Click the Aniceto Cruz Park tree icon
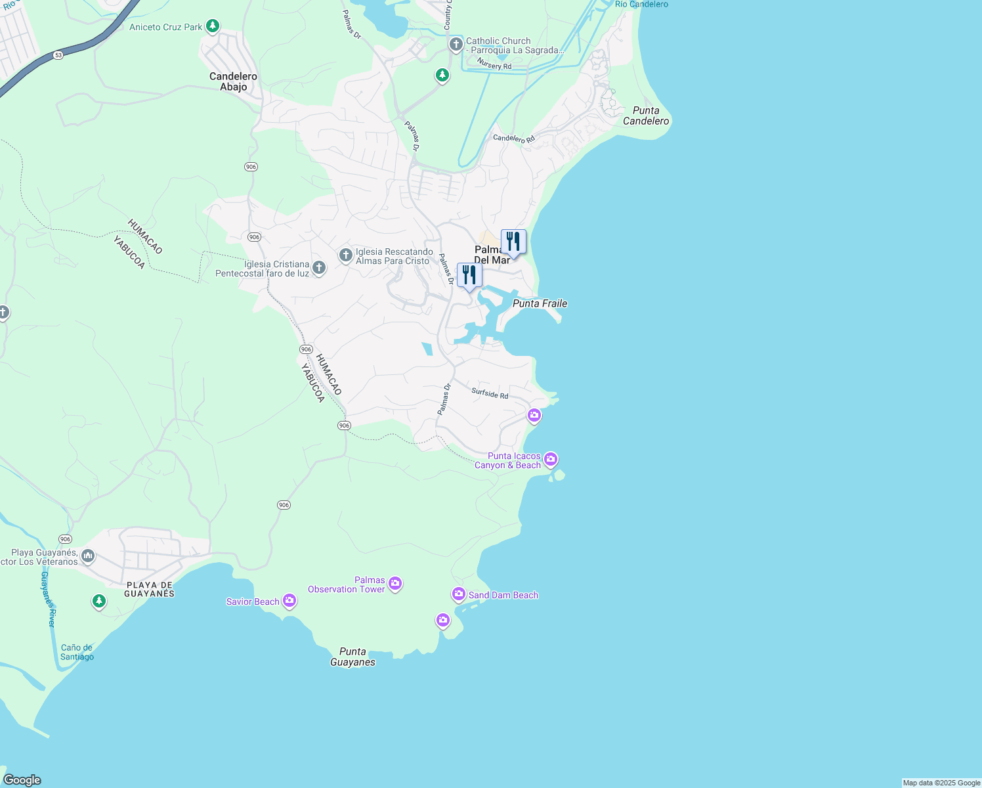(212, 26)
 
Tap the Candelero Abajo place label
(233, 81)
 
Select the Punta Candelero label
(646, 116)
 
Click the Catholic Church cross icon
(456, 45)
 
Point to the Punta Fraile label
(540, 303)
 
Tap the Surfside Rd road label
(490, 393)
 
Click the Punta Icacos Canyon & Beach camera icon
(551, 458)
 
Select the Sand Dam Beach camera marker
(458, 594)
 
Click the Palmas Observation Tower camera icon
(395, 582)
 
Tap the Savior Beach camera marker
(289, 601)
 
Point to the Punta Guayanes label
(352, 657)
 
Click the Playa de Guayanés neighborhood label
(150, 589)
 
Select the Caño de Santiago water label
(77, 652)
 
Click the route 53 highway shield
(58, 55)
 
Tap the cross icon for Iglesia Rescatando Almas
(346, 255)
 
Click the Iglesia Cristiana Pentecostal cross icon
(318, 267)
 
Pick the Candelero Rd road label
(514, 139)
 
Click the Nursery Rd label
(494, 64)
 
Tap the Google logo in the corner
(22, 780)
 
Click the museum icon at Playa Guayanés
(87, 557)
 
